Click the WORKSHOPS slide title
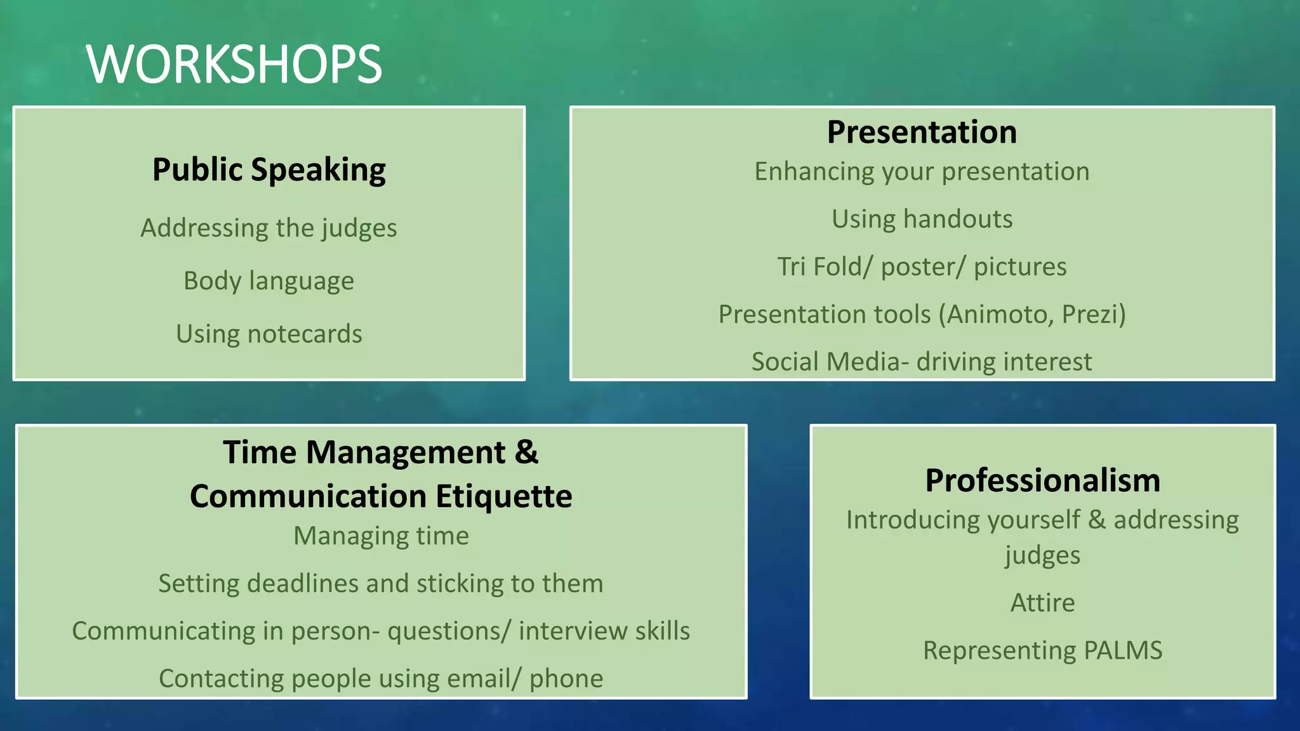tap(234, 64)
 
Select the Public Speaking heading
tap(269, 170)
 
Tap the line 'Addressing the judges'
tap(269, 228)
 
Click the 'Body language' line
tap(269, 281)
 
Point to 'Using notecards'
tap(269, 334)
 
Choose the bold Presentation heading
tap(922, 132)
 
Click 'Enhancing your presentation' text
tap(922, 172)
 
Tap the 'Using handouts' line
tap(922, 219)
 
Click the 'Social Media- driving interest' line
tap(922, 362)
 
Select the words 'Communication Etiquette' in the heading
tap(381, 496)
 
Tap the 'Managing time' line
tap(381, 536)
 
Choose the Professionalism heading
tap(1042, 480)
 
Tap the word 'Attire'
tap(1042, 603)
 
